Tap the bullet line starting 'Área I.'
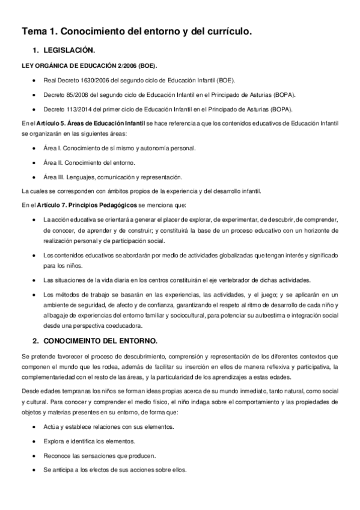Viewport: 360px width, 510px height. [x=119, y=148]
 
